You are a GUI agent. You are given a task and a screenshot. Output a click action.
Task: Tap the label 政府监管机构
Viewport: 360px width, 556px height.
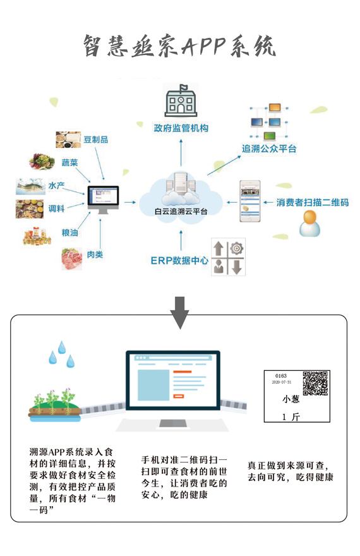tap(181, 128)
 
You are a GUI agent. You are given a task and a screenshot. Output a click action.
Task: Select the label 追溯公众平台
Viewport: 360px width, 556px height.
tap(269, 149)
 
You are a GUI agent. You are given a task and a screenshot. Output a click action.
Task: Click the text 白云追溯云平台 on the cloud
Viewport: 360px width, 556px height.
tap(181, 211)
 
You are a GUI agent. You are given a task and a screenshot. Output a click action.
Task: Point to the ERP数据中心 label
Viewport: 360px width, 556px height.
tap(179, 260)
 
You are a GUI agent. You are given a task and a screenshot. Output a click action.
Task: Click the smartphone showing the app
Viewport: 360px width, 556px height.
tap(250, 202)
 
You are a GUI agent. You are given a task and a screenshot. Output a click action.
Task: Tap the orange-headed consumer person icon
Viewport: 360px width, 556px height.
tap(309, 224)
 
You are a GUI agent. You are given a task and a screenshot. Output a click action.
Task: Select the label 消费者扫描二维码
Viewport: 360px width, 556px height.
tap(313, 202)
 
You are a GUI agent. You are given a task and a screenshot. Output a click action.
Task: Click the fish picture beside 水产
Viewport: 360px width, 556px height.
tap(31, 186)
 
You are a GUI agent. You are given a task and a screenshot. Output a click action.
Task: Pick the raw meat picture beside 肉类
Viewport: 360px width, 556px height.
tap(71, 259)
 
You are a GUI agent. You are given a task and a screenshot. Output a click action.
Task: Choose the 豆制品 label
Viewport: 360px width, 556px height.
tap(95, 140)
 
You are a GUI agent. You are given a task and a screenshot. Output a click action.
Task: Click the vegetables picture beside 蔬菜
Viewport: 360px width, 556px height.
tap(42, 162)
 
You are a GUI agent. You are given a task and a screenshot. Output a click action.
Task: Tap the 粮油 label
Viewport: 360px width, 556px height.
tap(69, 233)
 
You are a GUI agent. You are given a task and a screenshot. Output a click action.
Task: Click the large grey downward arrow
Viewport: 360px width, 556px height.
tap(179, 313)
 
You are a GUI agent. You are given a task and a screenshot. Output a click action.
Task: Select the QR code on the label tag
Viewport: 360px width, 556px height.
tap(315, 384)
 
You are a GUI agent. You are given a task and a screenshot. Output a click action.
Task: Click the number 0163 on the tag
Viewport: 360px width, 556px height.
tap(281, 375)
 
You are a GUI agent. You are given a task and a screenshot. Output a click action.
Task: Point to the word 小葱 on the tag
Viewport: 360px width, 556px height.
tap(291, 399)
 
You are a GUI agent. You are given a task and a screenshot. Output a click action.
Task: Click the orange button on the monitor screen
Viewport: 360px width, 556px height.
tap(179, 396)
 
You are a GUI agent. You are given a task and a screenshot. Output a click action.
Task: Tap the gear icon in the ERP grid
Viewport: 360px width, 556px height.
tap(236, 248)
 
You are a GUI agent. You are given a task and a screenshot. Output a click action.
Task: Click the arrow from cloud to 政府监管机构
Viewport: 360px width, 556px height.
tap(181, 152)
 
